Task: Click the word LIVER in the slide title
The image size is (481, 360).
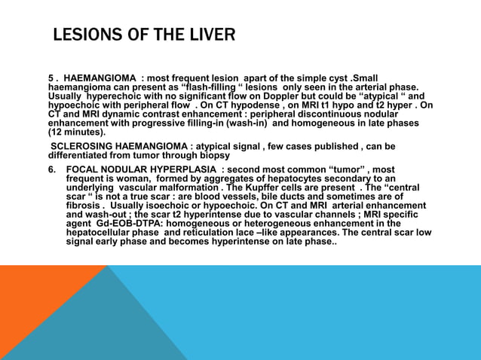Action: click(x=210, y=35)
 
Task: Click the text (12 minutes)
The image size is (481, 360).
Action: click(x=77, y=132)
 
